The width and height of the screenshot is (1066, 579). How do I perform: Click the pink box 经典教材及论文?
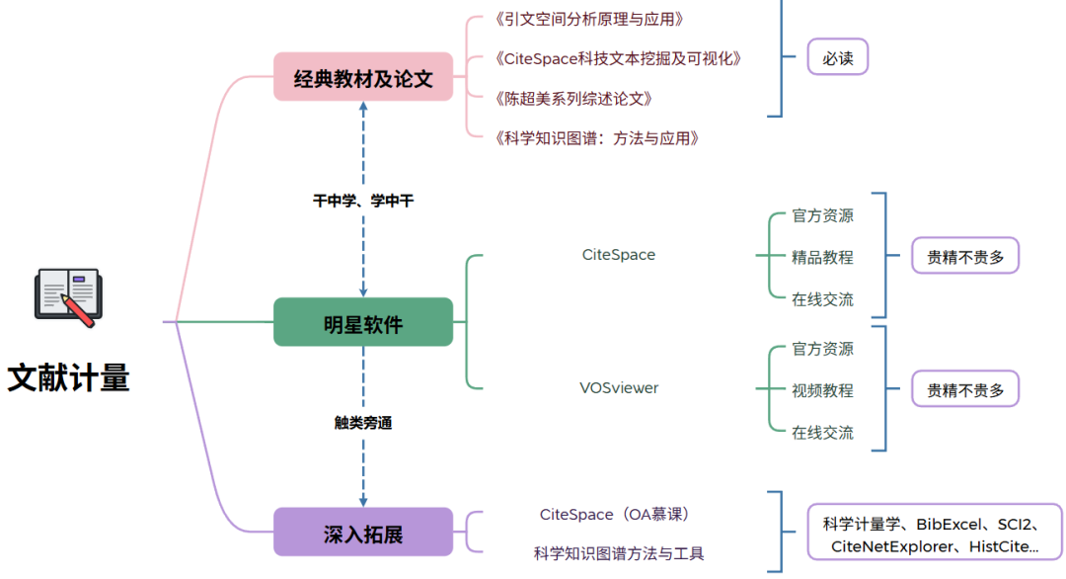[x=363, y=77]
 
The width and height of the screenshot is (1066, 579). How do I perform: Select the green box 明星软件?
[x=363, y=322]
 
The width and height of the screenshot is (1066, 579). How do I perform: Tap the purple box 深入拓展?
[x=363, y=532]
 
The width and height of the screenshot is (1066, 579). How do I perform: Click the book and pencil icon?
[x=67, y=295]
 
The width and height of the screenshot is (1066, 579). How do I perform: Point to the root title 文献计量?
[x=69, y=377]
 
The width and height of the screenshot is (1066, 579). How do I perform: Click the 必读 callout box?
[x=838, y=57]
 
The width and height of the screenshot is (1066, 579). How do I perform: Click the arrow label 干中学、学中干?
[x=363, y=201]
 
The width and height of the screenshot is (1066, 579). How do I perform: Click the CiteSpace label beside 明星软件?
[x=619, y=255]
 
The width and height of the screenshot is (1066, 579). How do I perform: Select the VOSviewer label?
[x=619, y=387]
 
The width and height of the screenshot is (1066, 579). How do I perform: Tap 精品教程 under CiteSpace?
[x=822, y=257]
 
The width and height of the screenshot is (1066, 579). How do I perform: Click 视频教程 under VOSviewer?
[x=822, y=390]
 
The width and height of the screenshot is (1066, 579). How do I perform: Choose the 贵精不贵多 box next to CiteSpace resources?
[x=964, y=257]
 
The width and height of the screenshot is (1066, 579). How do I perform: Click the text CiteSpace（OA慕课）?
[x=619, y=514]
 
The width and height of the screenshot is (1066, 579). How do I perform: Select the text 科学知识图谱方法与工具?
[x=619, y=553]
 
